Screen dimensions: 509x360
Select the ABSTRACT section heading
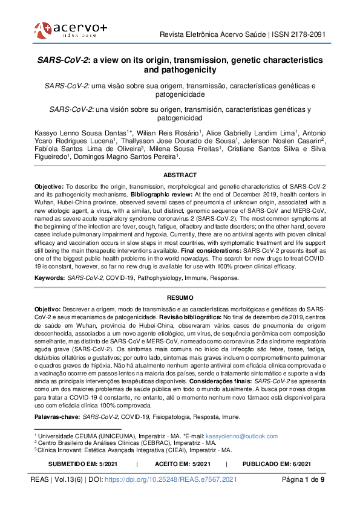[180, 175]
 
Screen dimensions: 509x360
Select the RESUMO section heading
[180, 298]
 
